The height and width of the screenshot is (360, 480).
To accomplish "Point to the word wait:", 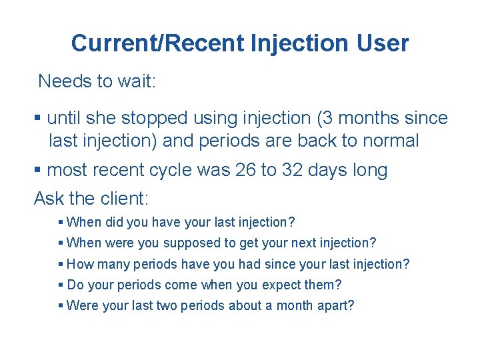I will [136, 81].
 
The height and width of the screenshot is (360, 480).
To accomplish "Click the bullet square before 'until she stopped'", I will [37, 119].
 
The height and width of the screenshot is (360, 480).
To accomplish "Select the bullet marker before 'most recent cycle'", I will [37, 171].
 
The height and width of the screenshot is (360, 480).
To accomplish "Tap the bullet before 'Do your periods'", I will [61, 285].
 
